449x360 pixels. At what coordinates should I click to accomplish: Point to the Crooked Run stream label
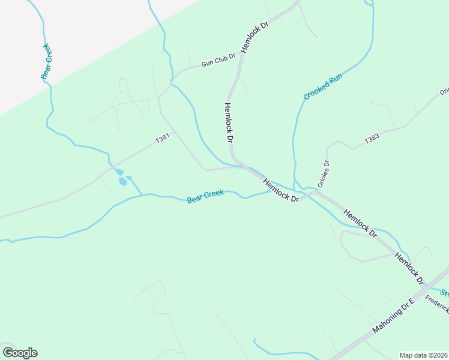(x=322, y=88)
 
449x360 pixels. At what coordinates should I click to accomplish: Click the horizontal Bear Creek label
(x=205, y=196)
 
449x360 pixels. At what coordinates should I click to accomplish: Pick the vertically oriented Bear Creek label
(x=45, y=61)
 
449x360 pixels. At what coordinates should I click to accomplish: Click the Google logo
(x=20, y=353)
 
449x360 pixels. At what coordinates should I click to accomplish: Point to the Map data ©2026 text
(x=423, y=355)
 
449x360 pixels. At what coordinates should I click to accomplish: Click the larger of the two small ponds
(x=122, y=181)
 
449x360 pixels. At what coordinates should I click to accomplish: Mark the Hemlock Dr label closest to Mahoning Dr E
(x=409, y=268)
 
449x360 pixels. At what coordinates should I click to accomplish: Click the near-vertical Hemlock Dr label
(x=228, y=122)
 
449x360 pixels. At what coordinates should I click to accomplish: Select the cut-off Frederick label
(x=437, y=304)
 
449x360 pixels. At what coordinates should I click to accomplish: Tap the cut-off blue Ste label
(x=445, y=293)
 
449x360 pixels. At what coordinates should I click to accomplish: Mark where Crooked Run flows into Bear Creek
(x=294, y=188)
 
